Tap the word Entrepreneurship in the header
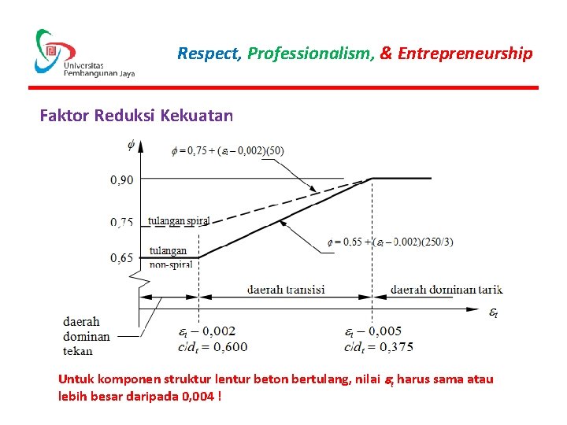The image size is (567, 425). [465, 54]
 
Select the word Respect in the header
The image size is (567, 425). [209, 54]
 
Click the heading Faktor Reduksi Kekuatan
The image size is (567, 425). [136, 116]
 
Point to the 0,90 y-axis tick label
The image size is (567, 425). [122, 179]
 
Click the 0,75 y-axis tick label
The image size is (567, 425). [122, 222]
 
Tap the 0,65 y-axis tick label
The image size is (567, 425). [122, 257]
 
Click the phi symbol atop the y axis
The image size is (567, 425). [131, 145]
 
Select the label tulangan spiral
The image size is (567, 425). [179, 221]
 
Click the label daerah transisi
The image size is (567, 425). [286, 289]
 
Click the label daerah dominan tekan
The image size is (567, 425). [87, 336]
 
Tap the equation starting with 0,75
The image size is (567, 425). [228, 150]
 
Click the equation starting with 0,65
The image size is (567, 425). [390, 242]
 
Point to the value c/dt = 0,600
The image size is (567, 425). [213, 346]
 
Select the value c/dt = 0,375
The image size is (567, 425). [378, 346]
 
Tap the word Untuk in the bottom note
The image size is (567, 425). [76, 379]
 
